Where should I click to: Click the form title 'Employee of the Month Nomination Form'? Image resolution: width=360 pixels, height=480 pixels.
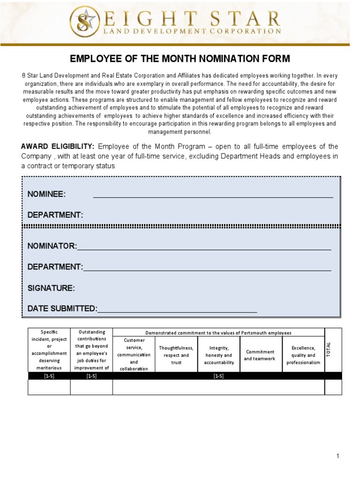tap(180, 59)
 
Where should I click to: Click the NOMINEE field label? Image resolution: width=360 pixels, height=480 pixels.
tap(47, 195)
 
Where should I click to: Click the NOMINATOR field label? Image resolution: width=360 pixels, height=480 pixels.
tap(52, 246)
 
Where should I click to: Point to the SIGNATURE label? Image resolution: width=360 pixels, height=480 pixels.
tap(51, 288)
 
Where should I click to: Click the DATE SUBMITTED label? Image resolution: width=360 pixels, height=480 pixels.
tap(61, 308)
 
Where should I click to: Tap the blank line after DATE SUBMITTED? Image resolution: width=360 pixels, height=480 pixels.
tap(177, 311)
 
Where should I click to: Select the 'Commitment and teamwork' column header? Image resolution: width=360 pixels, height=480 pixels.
tap(261, 355)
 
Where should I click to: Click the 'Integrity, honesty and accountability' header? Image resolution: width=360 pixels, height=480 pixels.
tap(219, 355)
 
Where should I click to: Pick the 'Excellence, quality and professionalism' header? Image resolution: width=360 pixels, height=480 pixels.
tap(303, 355)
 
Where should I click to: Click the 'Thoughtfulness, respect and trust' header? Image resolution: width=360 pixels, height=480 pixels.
tap(176, 355)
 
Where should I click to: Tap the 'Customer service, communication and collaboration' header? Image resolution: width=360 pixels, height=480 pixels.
tap(134, 354)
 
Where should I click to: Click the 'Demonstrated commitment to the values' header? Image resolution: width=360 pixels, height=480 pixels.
tap(218, 332)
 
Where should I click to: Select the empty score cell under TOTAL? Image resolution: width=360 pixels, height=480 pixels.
tap(333, 387)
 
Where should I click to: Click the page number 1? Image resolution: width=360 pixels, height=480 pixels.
tap(337, 456)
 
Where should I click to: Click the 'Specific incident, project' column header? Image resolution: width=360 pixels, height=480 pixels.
tap(49, 350)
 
